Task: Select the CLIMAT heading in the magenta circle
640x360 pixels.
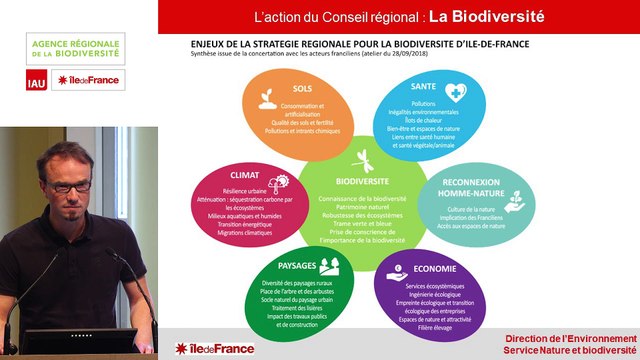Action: pyautogui.click(x=244, y=172)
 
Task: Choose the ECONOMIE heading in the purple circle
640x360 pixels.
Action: pyautogui.click(x=436, y=269)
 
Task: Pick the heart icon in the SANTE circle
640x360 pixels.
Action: pyautogui.click(x=454, y=92)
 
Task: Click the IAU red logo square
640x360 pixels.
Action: pyautogui.click(x=36, y=81)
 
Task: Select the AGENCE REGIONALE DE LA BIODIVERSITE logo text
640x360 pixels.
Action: pyautogui.click(x=75, y=48)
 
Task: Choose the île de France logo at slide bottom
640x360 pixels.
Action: pyautogui.click(x=214, y=347)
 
